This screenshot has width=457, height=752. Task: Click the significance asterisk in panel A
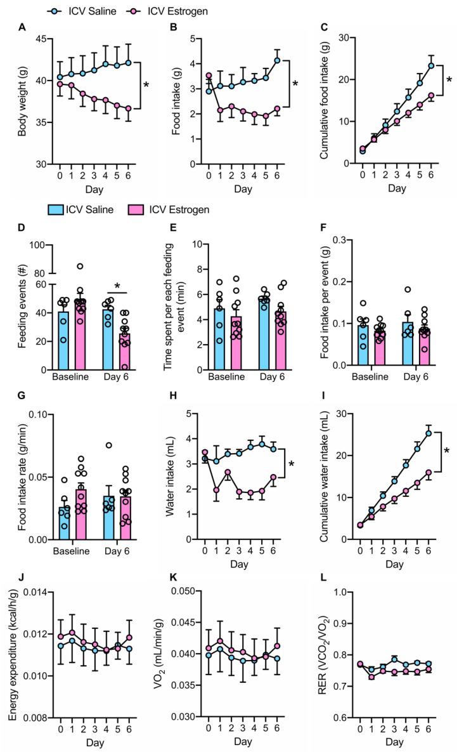pos(146,85)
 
